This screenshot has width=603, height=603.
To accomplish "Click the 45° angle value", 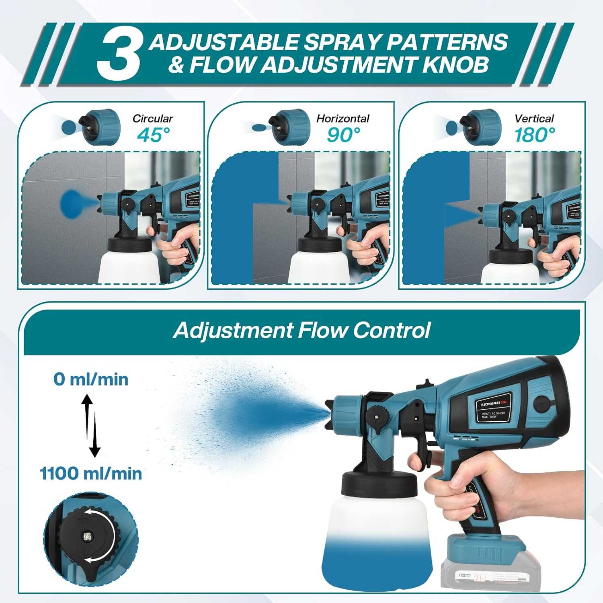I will tap(153, 135).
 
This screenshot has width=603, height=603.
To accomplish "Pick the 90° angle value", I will tap(343, 135).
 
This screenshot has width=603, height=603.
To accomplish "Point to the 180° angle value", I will tap(535, 135).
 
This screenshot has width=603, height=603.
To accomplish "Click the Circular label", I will tap(152, 119).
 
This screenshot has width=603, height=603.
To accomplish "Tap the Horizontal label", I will tap(343, 119).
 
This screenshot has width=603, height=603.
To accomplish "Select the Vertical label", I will tap(534, 119).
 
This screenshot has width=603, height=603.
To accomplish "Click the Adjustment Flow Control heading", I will tap(301, 330).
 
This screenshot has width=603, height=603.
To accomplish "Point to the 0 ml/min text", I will tap(91, 379).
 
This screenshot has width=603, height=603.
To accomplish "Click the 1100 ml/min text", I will tap(91, 474).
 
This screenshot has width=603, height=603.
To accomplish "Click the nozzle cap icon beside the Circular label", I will tap(101, 127).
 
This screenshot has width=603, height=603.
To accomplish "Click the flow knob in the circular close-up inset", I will tap(87, 537).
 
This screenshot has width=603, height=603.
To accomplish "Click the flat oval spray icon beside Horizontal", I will tap(259, 128).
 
